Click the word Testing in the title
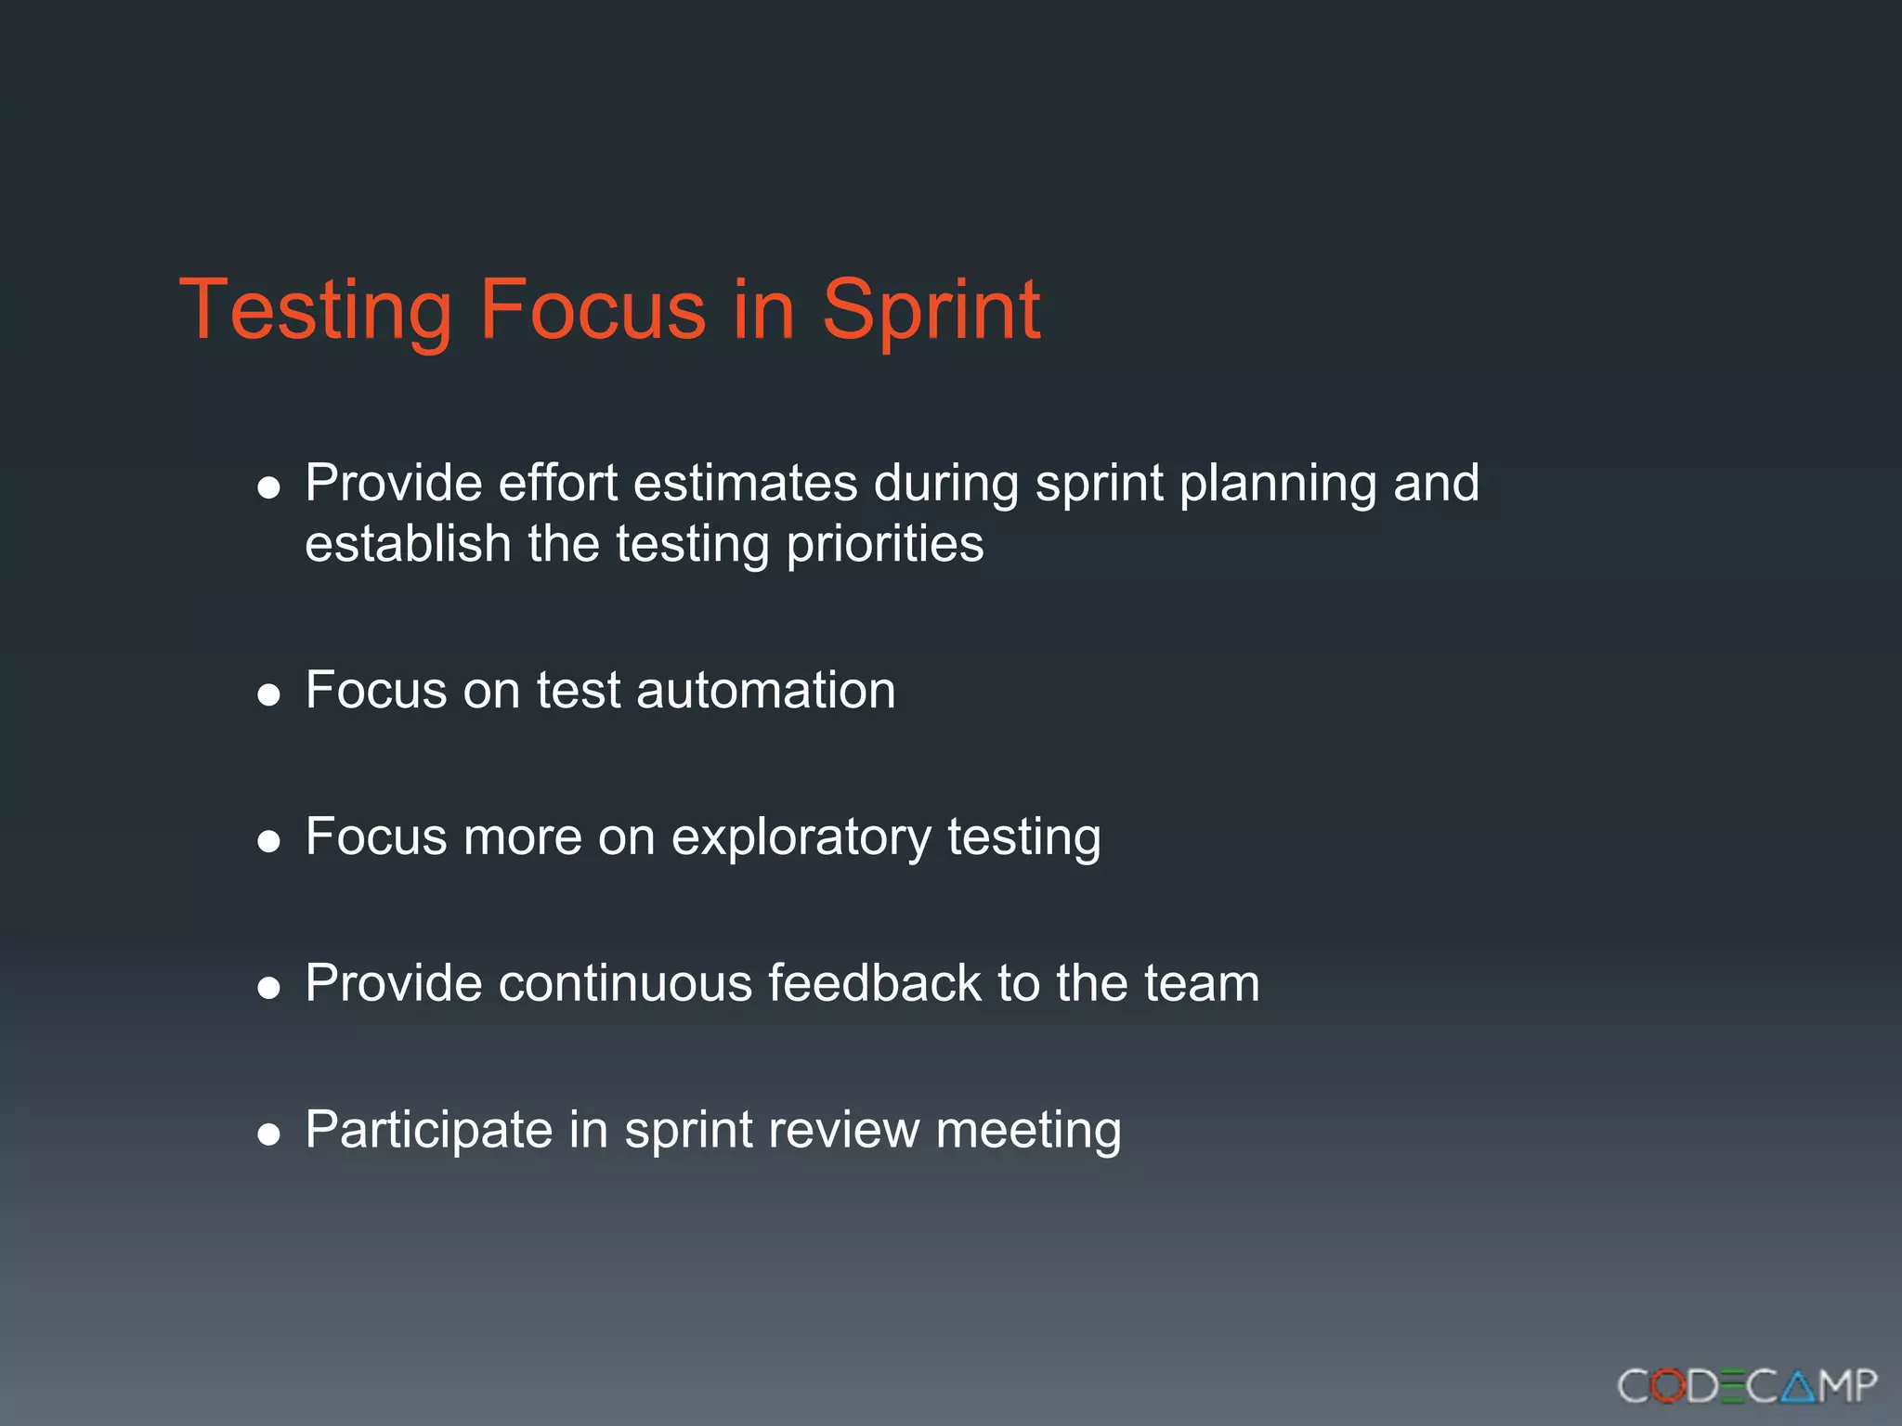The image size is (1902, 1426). (x=315, y=310)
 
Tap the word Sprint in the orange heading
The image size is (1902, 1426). (x=931, y=310)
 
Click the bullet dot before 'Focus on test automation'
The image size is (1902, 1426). (x=269, y=694)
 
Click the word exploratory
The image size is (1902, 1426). (x=801, y=838)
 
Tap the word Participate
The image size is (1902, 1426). (x=429, y=1131)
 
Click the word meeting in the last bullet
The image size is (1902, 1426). (x=1028, y=1131)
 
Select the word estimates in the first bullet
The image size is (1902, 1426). (x=745, y=484)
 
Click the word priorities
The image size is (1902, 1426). (x=884, y=545)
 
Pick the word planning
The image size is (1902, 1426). (x=1278, y=486)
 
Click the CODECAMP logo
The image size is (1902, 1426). (x=1746, y=1386)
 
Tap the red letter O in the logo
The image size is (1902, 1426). (x=1668, y=1386)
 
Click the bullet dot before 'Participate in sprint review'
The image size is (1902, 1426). (x=269, y=1134)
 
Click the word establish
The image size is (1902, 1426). (x=408, y=544)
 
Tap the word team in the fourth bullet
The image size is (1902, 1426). (x=1202, y=983)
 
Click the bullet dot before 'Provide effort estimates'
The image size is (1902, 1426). (x=269, y=488)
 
